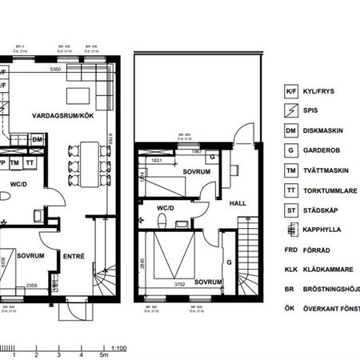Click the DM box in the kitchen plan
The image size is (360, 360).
[x=37, y=140]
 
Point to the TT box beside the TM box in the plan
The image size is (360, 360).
[x=30, y=162]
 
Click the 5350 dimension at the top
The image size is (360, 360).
[x=55, y=71]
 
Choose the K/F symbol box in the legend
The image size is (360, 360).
[x=292, y=92]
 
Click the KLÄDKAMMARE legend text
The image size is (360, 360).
[x=330, y=269]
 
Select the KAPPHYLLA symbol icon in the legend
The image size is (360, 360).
[x=292, y=230]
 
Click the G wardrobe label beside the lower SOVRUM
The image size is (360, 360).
[x=229, y=262]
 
